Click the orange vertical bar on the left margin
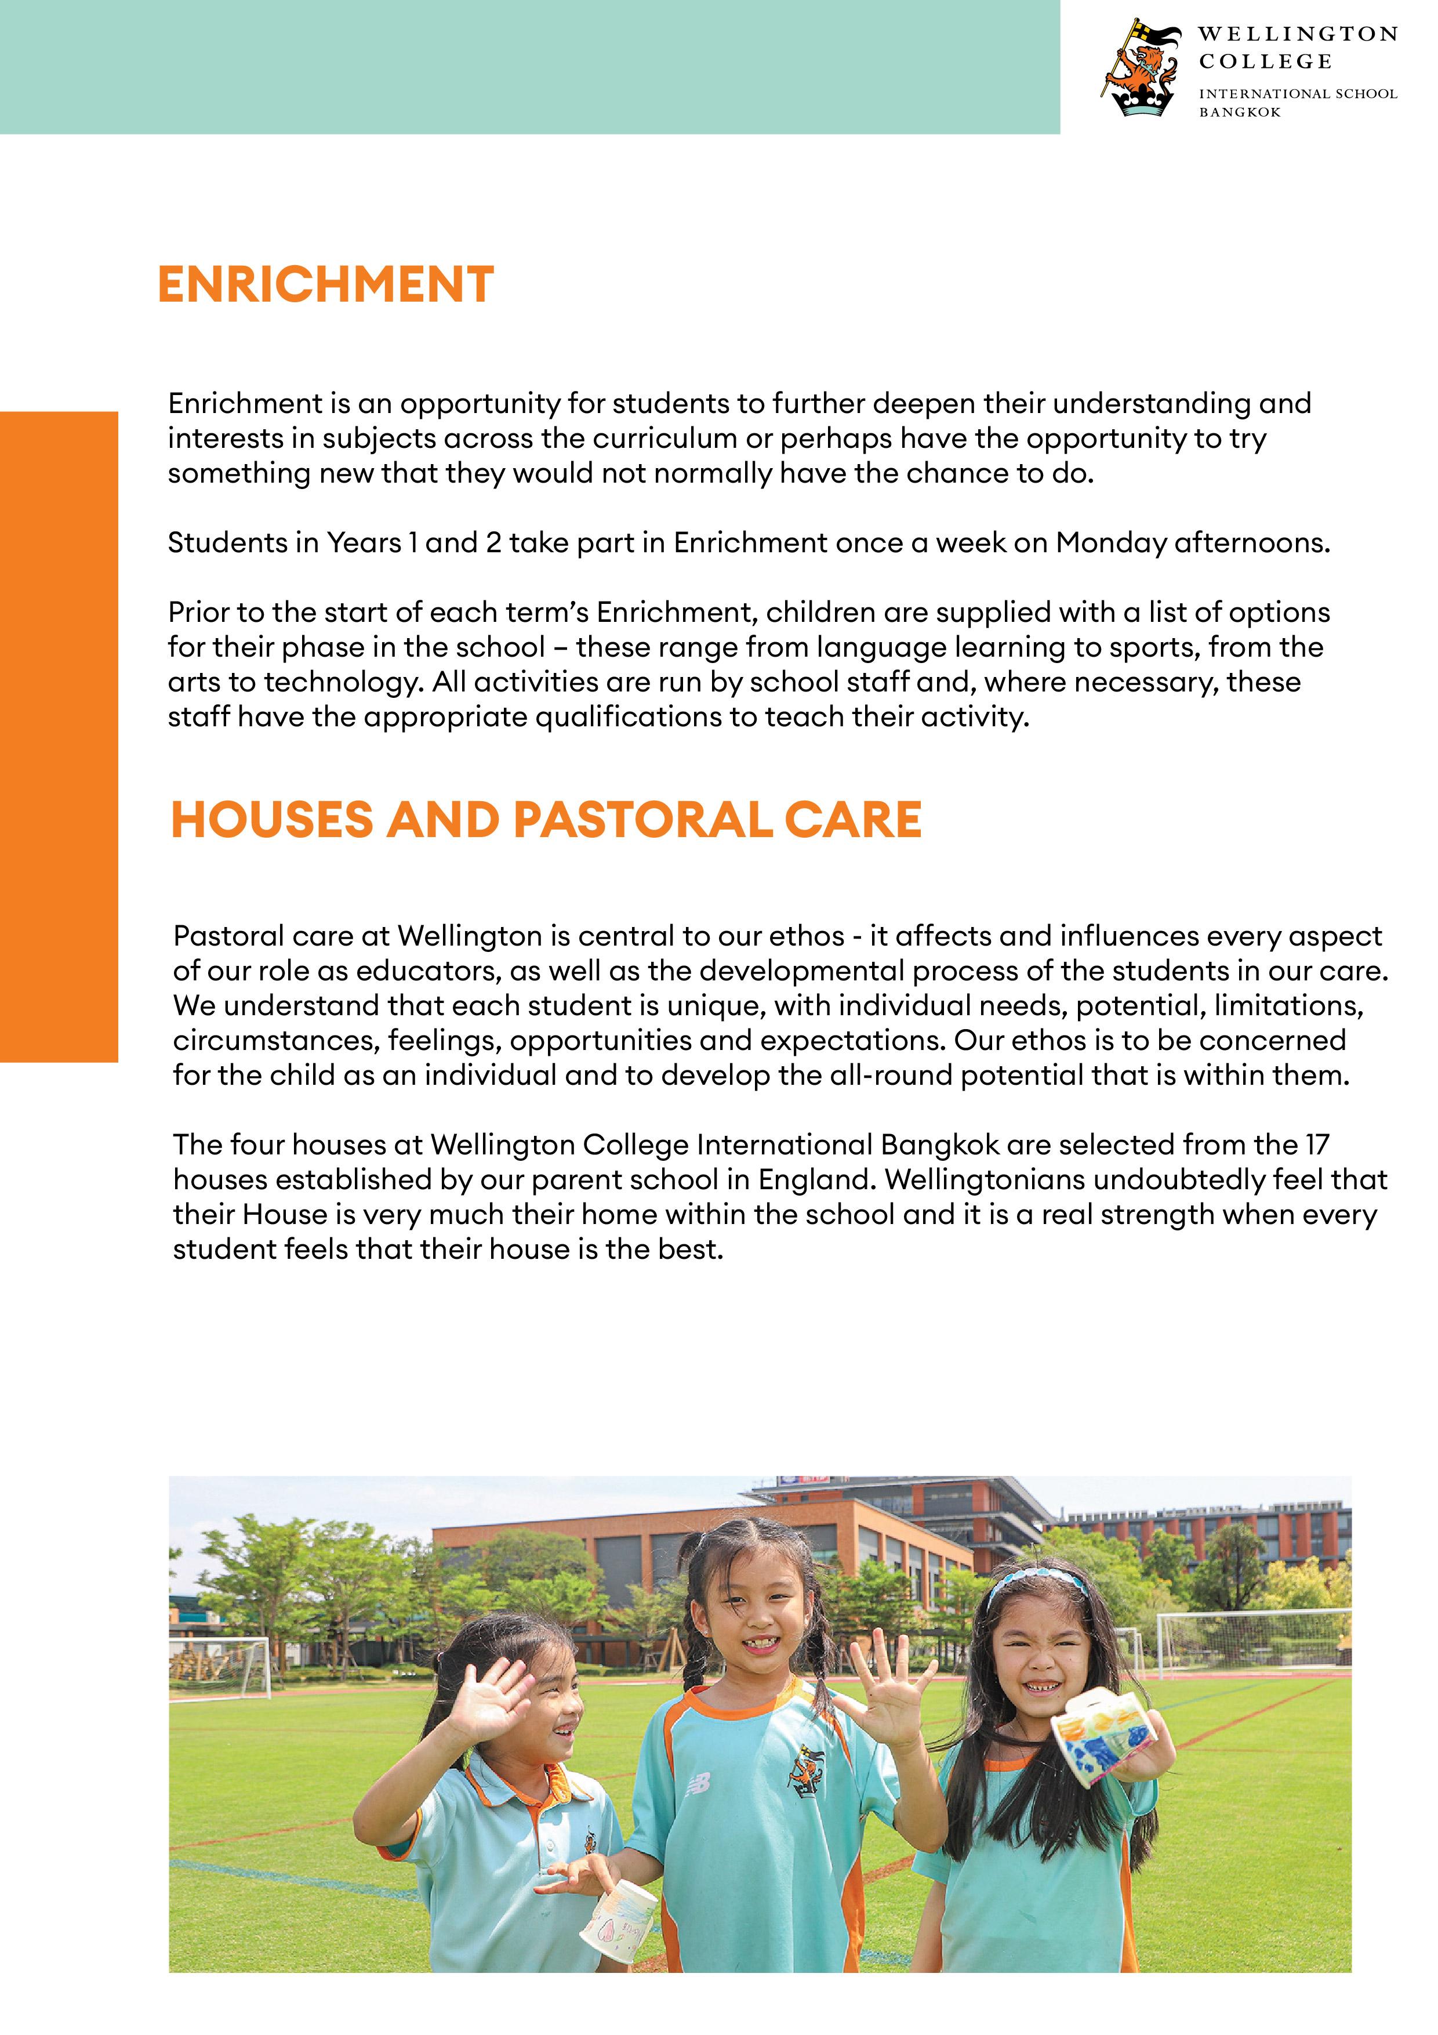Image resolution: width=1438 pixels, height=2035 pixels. click(x=59, y=736)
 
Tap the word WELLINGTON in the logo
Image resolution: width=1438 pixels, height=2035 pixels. click(x=1297, y=35)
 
